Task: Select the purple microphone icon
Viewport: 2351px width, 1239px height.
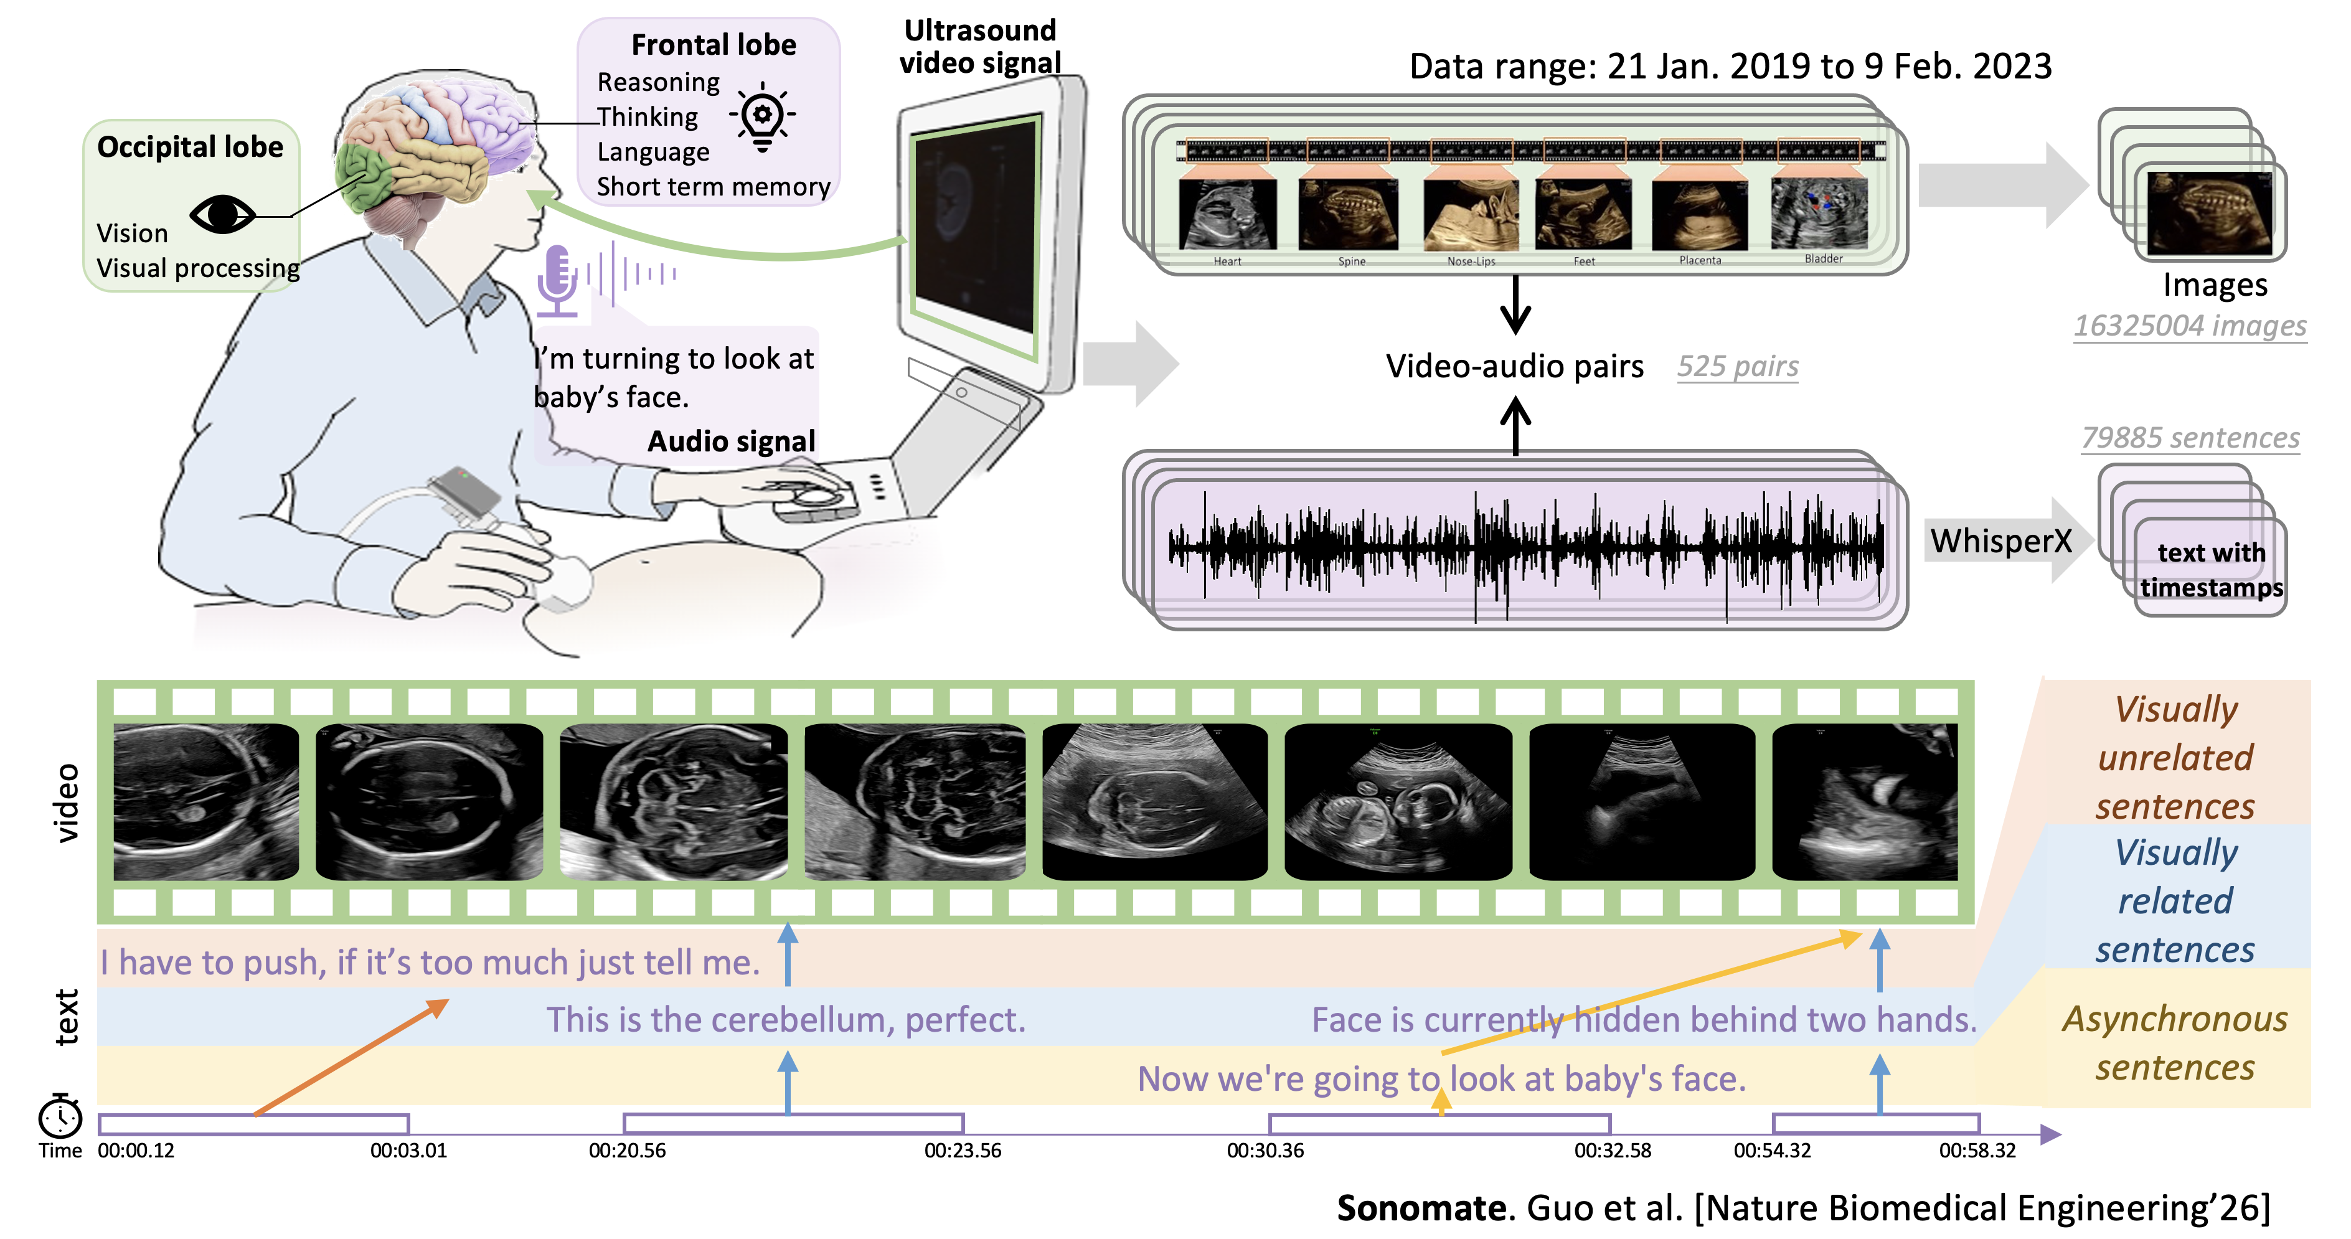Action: pos(557,279)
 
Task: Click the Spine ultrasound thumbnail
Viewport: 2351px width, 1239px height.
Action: pos(1347,215)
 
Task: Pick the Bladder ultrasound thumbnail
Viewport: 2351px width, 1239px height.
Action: pos(1819,214)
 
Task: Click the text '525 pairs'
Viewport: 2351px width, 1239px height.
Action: pos(1738,367)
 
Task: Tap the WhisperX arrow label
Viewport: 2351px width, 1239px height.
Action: pos(2000,541)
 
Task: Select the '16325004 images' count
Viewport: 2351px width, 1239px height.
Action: pos(2190,326)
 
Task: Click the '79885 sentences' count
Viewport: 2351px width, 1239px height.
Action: pos(2190,438)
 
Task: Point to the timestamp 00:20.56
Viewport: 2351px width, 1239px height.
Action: pos(627,1151)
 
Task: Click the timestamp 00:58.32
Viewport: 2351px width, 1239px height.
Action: pos(1977,1151)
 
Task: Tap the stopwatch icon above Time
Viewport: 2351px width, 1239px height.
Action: pos(60,1116)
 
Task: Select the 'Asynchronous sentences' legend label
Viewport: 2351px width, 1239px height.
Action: pos(2175,1043)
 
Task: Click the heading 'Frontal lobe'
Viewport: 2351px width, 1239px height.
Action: pos(714,45)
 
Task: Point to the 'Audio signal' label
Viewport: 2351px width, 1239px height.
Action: pos(731,441)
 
